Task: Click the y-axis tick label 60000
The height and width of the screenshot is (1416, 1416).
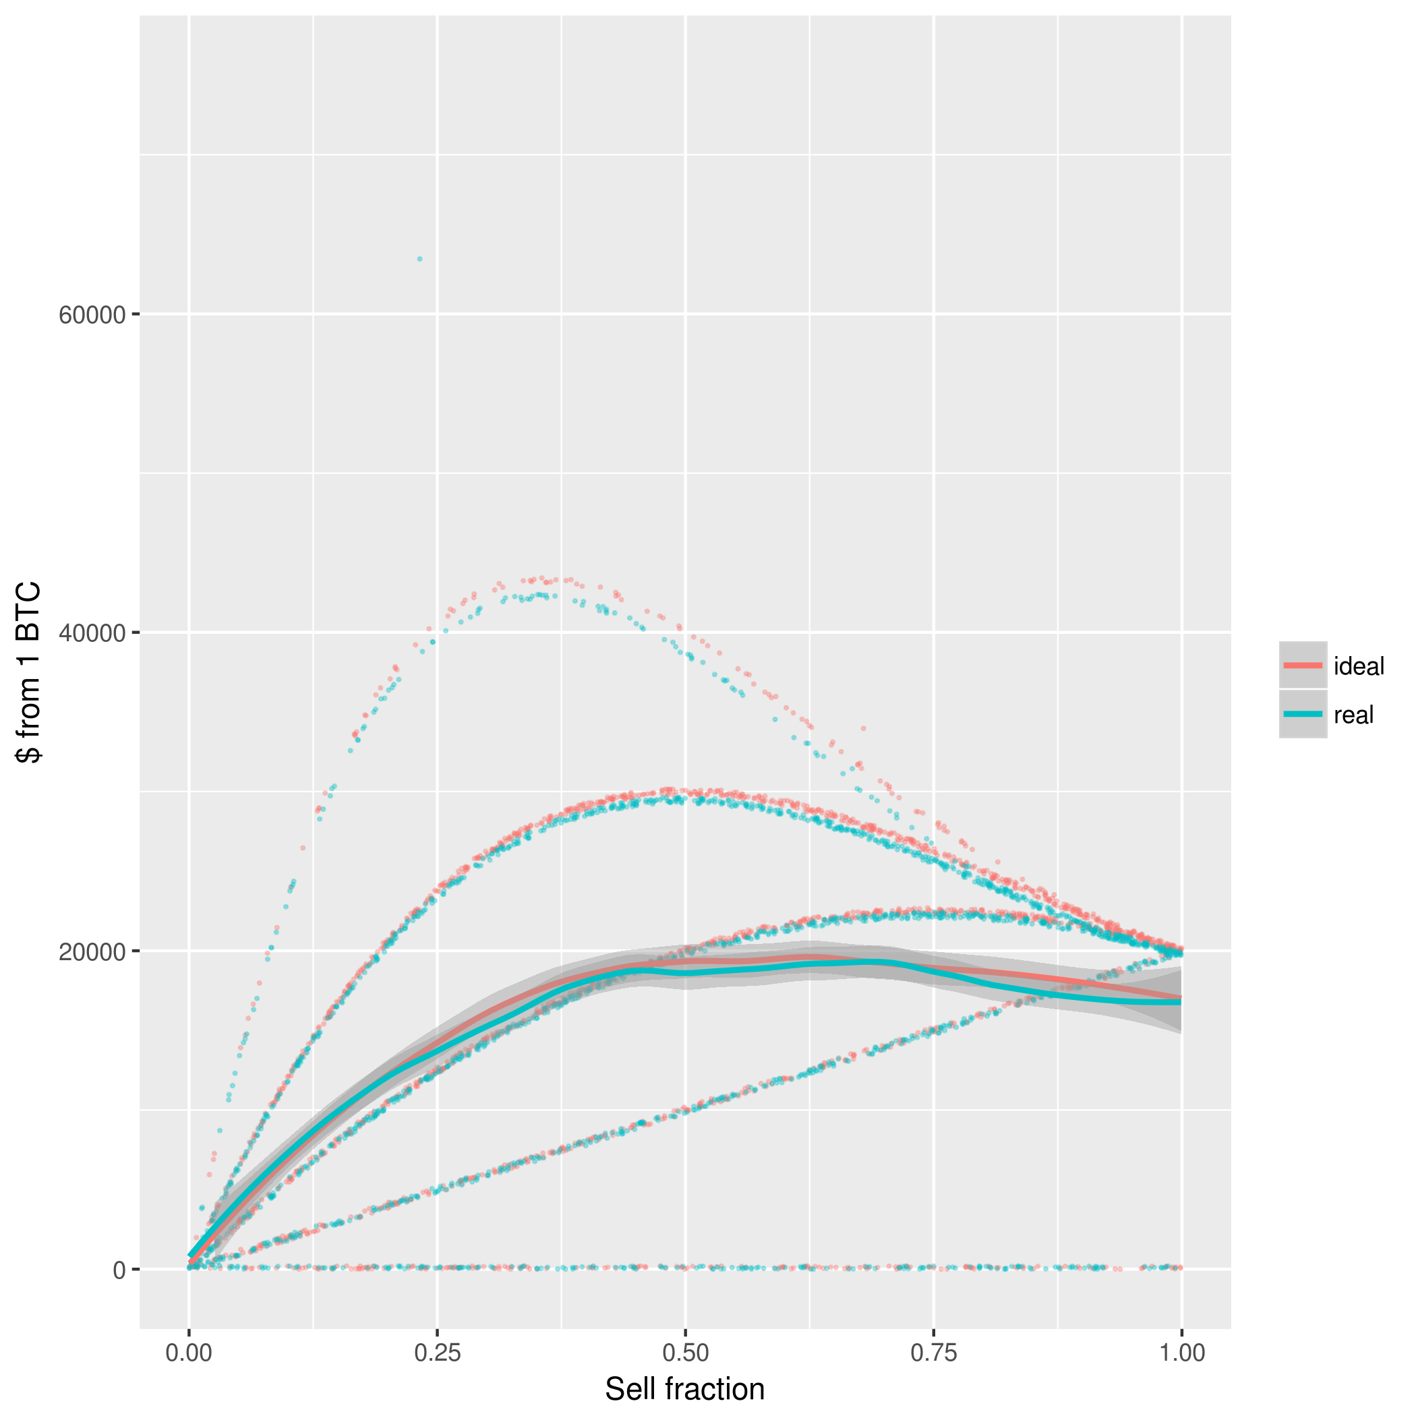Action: coord(92,315)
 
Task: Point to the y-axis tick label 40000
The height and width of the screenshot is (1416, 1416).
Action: coord(92,633)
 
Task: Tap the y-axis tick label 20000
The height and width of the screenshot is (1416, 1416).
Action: coord(92,951)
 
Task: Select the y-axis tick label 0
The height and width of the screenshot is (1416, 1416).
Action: coord(119,1270)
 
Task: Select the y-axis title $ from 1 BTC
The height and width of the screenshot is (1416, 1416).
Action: coord(29,673)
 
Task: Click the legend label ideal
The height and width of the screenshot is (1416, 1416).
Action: coord(1359,666)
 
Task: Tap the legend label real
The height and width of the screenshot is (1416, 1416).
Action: coord(1353,715)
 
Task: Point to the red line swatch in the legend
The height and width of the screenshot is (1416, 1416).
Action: coord(1303,666)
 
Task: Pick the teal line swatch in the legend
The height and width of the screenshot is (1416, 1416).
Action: coord(1303,714)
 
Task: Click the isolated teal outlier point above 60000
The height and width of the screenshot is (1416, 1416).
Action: coord(420,259)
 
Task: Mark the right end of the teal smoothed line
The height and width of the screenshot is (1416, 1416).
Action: coord(1181,1002)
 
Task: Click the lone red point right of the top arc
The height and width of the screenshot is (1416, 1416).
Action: coord(863,728)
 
